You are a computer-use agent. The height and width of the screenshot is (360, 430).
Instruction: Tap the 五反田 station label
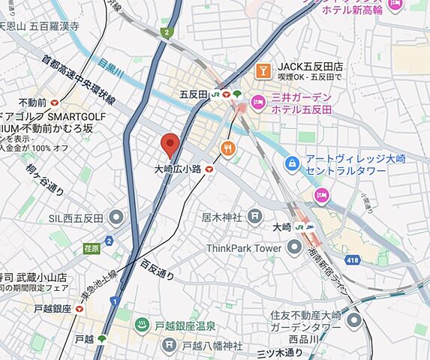point(194,94)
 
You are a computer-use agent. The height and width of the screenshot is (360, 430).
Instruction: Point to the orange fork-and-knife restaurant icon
point(229,148)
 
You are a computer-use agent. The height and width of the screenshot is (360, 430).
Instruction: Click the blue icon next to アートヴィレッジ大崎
point(291,163)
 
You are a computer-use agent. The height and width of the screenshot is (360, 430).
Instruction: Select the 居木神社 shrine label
point(221,217)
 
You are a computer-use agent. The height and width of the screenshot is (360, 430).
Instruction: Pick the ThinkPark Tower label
point(243,247)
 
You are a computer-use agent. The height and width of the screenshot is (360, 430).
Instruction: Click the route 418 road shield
point(351,259)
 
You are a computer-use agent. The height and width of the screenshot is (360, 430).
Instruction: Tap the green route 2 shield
point(165,32)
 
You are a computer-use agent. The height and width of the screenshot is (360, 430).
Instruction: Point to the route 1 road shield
point(114,301)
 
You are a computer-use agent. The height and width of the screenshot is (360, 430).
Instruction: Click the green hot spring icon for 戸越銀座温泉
point(140,325)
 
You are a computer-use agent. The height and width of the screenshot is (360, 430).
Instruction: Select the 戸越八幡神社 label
point(212,346)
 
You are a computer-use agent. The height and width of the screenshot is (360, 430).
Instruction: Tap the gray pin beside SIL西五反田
point(116,218)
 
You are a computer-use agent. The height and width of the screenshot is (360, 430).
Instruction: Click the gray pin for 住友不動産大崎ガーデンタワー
point(353,320)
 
